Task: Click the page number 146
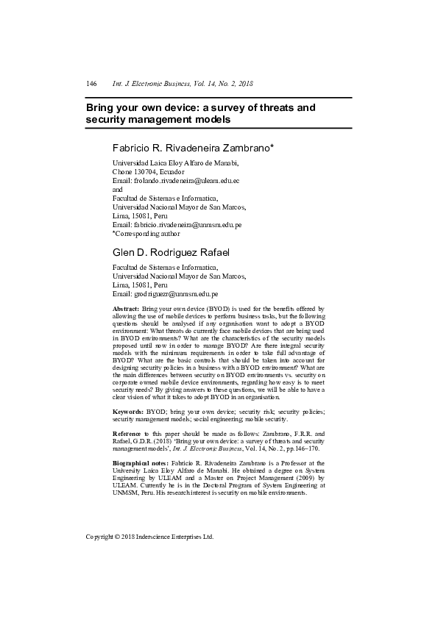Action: [x=92, y=84]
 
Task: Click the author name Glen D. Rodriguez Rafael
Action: [x=171, y=253]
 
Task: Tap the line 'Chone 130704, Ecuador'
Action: [x=148, y=171]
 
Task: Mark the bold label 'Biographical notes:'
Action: [x=140, y=463]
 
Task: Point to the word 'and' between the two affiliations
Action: [x=117, y=189]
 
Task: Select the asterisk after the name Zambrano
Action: [x=273, y=146]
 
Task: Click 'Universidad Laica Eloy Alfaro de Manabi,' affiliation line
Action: [x=175, y=162]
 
